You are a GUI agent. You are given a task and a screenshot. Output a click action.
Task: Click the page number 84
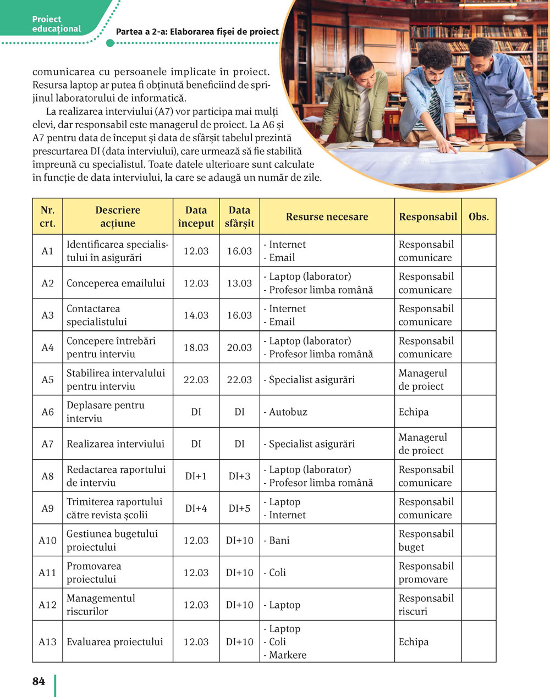pos(38,681)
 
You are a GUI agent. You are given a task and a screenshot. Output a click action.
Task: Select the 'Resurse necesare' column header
pos(327,217)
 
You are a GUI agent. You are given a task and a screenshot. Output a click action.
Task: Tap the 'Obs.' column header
pos(479,217)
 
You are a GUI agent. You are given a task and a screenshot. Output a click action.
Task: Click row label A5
pos(48,379)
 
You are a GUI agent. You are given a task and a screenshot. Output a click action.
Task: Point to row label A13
pos(47,641)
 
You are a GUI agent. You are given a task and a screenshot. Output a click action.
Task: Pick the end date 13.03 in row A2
pos(239,283)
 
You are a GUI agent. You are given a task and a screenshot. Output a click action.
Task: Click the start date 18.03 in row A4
pos(196,347)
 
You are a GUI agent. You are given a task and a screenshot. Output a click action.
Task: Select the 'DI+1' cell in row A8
pos(196,476)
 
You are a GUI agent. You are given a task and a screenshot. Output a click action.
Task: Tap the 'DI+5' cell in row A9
pos(239,508)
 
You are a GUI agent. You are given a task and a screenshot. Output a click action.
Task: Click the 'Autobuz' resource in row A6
pos(288,412)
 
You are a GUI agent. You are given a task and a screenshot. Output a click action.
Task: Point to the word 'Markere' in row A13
pos(288,655)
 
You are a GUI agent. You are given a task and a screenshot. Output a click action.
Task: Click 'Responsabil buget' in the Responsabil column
pos(426,540)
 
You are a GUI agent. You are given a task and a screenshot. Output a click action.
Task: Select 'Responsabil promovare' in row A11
pos(426,572)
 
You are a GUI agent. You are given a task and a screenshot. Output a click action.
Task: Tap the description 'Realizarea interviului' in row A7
pos(116,444)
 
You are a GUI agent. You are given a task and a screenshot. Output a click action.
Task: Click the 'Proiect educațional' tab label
pos(56,24)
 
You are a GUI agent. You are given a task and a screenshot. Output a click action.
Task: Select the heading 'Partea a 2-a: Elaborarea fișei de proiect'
pos(197,32)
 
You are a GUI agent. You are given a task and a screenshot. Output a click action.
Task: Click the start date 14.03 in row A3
pos(196,315)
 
